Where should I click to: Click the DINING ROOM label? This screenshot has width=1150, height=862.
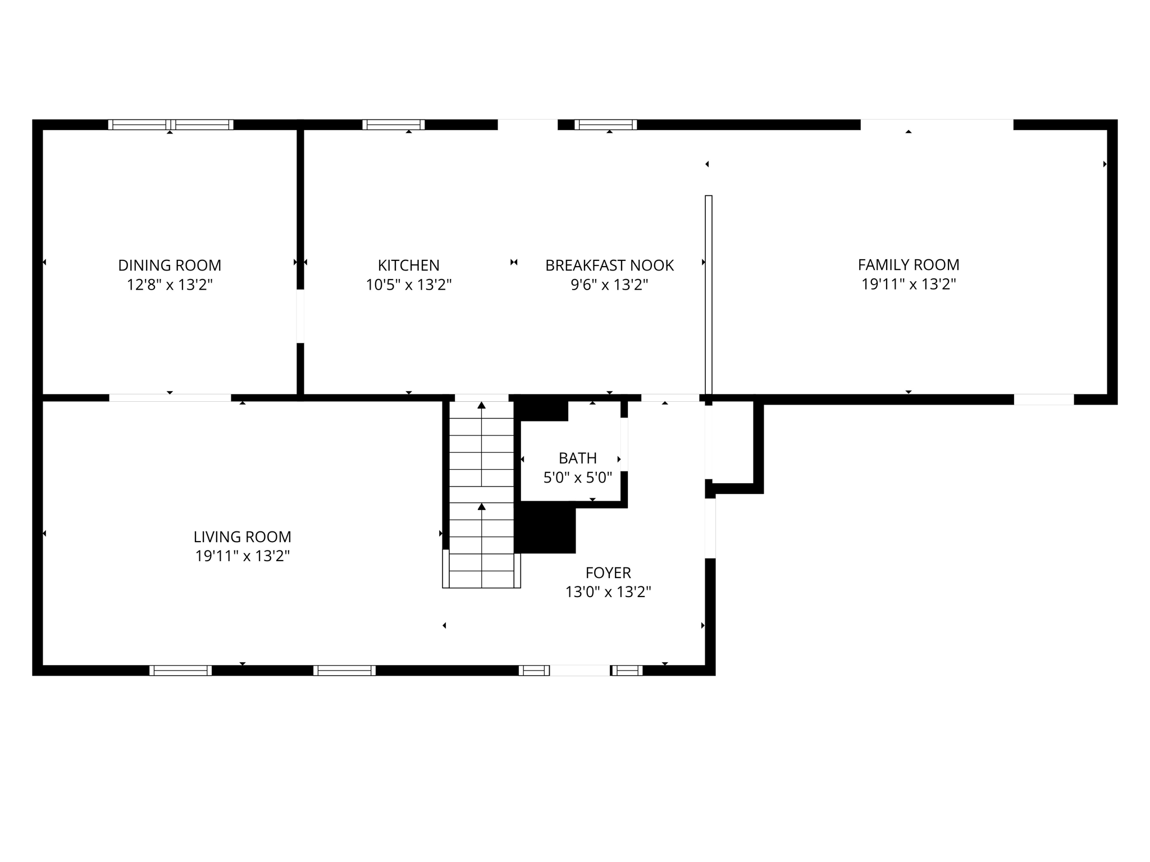(170, 265)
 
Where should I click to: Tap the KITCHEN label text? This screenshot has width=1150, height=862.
(408, 265)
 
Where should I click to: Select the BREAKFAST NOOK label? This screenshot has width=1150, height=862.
(609, 265)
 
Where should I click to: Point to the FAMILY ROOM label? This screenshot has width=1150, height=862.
(908, 264)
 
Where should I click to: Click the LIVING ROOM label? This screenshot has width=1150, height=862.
(242, 537)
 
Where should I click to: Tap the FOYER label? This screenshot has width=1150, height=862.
(608, 572)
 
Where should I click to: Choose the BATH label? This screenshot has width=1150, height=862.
(577, 458)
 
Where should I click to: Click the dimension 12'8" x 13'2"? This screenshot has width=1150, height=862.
(170, 285)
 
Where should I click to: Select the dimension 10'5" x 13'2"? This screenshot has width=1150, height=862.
(408, 285)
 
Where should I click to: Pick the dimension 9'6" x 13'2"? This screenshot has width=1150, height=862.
(609, 285)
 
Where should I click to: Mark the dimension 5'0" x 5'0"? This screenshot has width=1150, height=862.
(577, 478)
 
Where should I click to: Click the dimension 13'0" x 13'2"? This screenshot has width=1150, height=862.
(608, 592)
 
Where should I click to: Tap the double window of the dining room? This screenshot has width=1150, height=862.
(171, 125)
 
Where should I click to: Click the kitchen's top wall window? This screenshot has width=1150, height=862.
(393, 125)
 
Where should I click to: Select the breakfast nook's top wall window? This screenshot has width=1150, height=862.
(605, 125)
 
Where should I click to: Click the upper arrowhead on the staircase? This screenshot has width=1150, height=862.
(481, 405)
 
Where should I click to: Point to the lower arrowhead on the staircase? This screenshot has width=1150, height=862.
(481, 507)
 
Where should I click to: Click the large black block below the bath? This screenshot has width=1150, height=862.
(545, 528)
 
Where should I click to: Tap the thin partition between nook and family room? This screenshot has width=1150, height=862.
(708, 295)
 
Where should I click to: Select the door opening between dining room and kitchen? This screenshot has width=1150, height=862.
(300, 316)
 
